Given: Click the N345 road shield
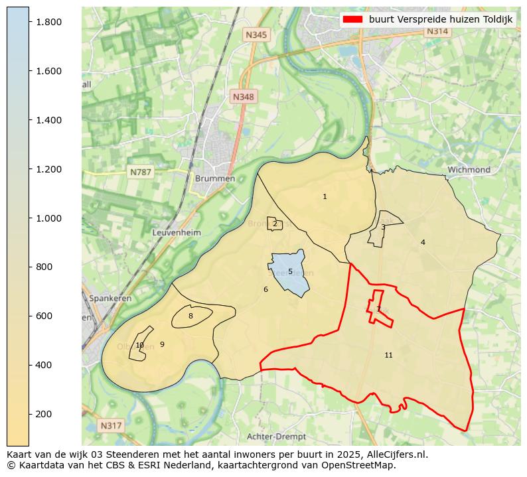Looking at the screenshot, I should [256, 34].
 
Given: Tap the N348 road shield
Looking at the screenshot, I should [243, 97].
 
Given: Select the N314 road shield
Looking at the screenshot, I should [437, 31].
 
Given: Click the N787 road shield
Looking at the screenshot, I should [141, 172].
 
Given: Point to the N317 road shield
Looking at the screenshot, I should [111, 425].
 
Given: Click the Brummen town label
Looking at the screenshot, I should [214, 179].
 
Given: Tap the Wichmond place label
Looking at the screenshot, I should [469, 170].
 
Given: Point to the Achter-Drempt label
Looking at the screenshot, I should [276, 437].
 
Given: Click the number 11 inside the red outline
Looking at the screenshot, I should [388, 356].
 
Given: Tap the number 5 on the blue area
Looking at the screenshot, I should [290, 271].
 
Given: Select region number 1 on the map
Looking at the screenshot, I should [325, 196].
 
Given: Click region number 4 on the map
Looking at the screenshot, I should [423, 242].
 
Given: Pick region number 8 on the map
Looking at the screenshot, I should [190, 316].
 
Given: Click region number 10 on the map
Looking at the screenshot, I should [139, 345].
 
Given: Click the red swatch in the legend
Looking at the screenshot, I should [352, 19].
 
